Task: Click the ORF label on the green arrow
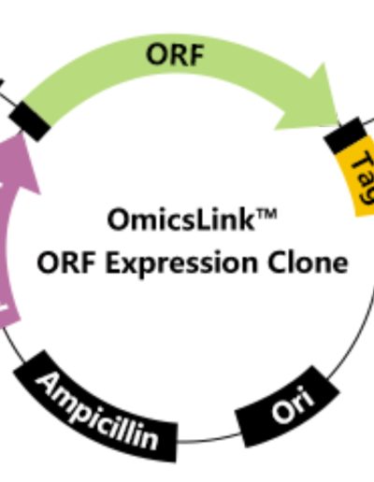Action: [175, 55]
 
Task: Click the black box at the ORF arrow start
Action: [30, 120]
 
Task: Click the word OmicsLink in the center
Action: [180, 220]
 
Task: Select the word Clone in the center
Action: [308, 262]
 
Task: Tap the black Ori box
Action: [287, 406]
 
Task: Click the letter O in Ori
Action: [282, 412]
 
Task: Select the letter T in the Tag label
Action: [362, 160]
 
